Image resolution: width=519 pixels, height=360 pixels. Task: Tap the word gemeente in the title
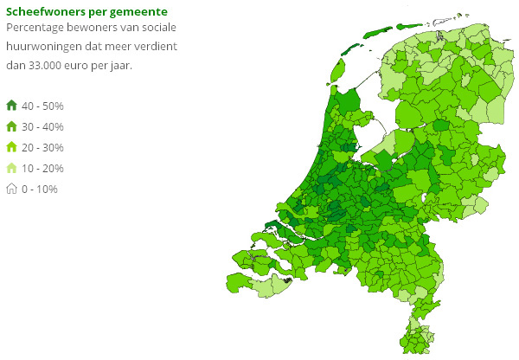[137, 11]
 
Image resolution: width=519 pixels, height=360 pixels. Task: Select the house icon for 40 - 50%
[11, 106]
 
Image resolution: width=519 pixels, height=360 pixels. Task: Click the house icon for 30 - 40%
[11, 126]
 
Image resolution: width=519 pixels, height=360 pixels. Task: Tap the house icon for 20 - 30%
[11, 147]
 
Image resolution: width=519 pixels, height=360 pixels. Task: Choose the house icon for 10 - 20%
[11, 168]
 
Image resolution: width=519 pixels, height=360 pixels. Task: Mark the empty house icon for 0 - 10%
[11, 189]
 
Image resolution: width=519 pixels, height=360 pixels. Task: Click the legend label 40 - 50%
[42, 106]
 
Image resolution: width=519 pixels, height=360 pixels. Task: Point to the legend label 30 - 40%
[42, 126]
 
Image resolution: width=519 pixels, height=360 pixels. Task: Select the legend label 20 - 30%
[42, 147]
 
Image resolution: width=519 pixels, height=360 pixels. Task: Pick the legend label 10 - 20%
[42, 168]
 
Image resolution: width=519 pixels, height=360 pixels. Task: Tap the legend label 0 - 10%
[40, 189]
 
